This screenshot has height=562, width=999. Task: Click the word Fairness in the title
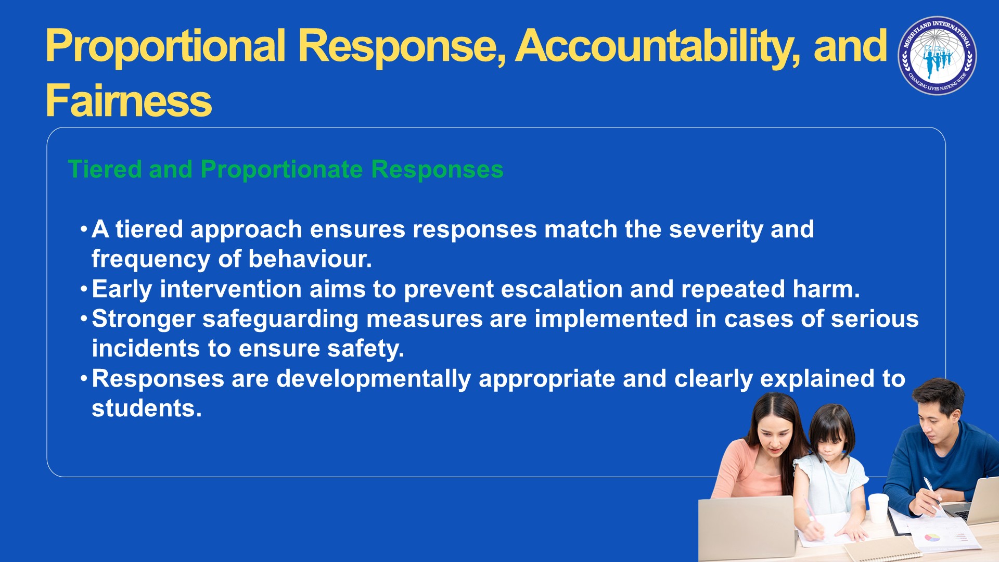tap(129, 100)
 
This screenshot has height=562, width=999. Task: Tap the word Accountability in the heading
tap(655, 47)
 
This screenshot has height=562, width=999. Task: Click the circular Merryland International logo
tap(937, 56)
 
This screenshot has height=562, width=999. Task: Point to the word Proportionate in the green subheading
tap(281, 170)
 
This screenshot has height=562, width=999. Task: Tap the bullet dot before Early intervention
tap(83, 289)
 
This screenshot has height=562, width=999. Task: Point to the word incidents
tap(146, 348)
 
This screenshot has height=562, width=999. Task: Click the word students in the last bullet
tap(147, 408)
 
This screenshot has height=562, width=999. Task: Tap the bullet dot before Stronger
tap(83, 318)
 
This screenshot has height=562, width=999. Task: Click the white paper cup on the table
tap(878, 507)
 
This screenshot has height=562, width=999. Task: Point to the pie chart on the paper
tap(931, 537)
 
